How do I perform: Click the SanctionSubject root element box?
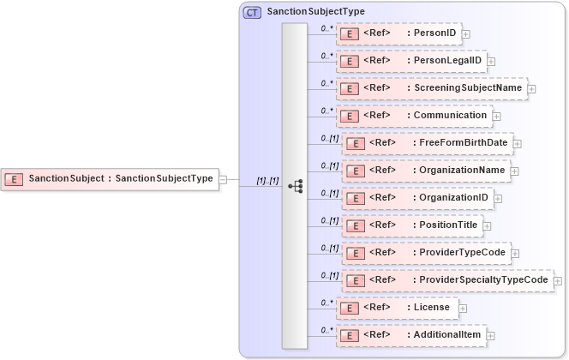pyautogui.click(x=109, y=179)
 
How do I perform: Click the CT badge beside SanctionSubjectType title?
pyautogui.click(x=253, y=12)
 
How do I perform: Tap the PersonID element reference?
pyautogui.click(x=398, y=33)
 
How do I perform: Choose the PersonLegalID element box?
pyautogui.click(x=412, y=61)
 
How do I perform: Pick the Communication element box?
pyautogui.click(x=414, y=115)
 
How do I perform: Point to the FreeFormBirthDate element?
pyautogui.click(x=428, y=143)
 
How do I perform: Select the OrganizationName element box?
pyautogui.click(x=427, y=171)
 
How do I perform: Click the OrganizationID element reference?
pyautogui.click(x=417, y=198)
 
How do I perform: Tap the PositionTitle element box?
pyautogui.click(x=412, y=225)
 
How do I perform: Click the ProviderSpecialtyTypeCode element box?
pyautogui.click(x=448, y=280)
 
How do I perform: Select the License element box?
pyautogui.click(x=397, y=307)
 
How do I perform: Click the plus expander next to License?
pyautogui.click(x=463, y=308)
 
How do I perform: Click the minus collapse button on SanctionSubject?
pyautogui.click(x=223, y=179)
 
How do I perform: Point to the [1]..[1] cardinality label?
pyautogui.click(x=267, y=181)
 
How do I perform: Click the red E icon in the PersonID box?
pyautogui.click(x=350, y=34)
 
